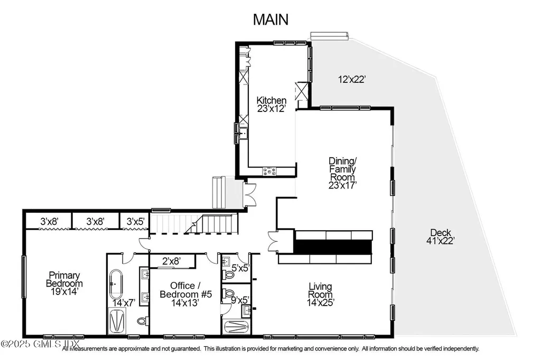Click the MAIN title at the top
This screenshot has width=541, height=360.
270,20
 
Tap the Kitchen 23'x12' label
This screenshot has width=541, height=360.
272,105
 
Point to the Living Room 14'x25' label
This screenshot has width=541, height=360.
321,294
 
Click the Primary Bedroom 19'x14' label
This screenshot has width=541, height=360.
64,279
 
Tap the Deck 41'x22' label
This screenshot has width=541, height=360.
442,237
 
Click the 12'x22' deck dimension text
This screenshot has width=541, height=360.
351,80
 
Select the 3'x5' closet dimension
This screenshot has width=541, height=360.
134,222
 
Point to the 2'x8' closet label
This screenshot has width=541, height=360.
172,261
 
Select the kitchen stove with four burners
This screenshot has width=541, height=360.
270,170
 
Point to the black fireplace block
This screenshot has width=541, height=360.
333,247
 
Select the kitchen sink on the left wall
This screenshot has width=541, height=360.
243,133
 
